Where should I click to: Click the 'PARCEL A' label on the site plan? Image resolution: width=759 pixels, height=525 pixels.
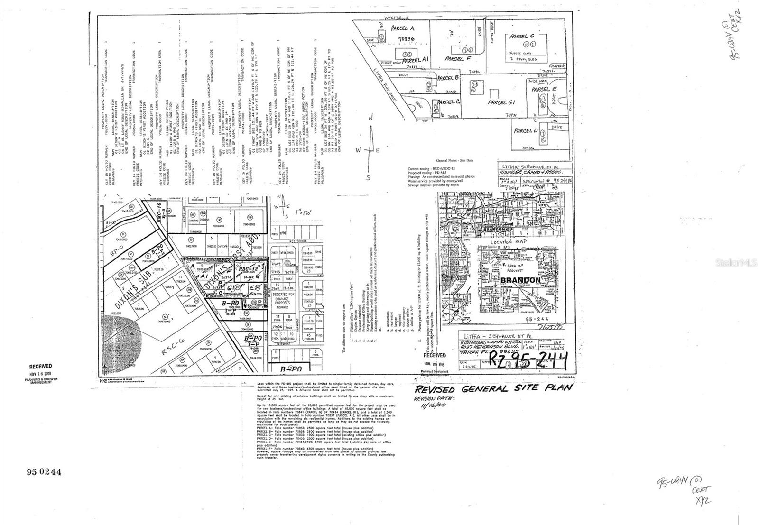click(x=403, y=28)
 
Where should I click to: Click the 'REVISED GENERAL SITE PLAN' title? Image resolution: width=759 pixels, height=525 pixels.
click(x=493, y=388)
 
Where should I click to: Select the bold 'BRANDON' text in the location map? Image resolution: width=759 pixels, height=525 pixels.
click(x=520, y=280)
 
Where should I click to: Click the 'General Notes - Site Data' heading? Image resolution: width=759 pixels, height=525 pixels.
click(x=458, y=161)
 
